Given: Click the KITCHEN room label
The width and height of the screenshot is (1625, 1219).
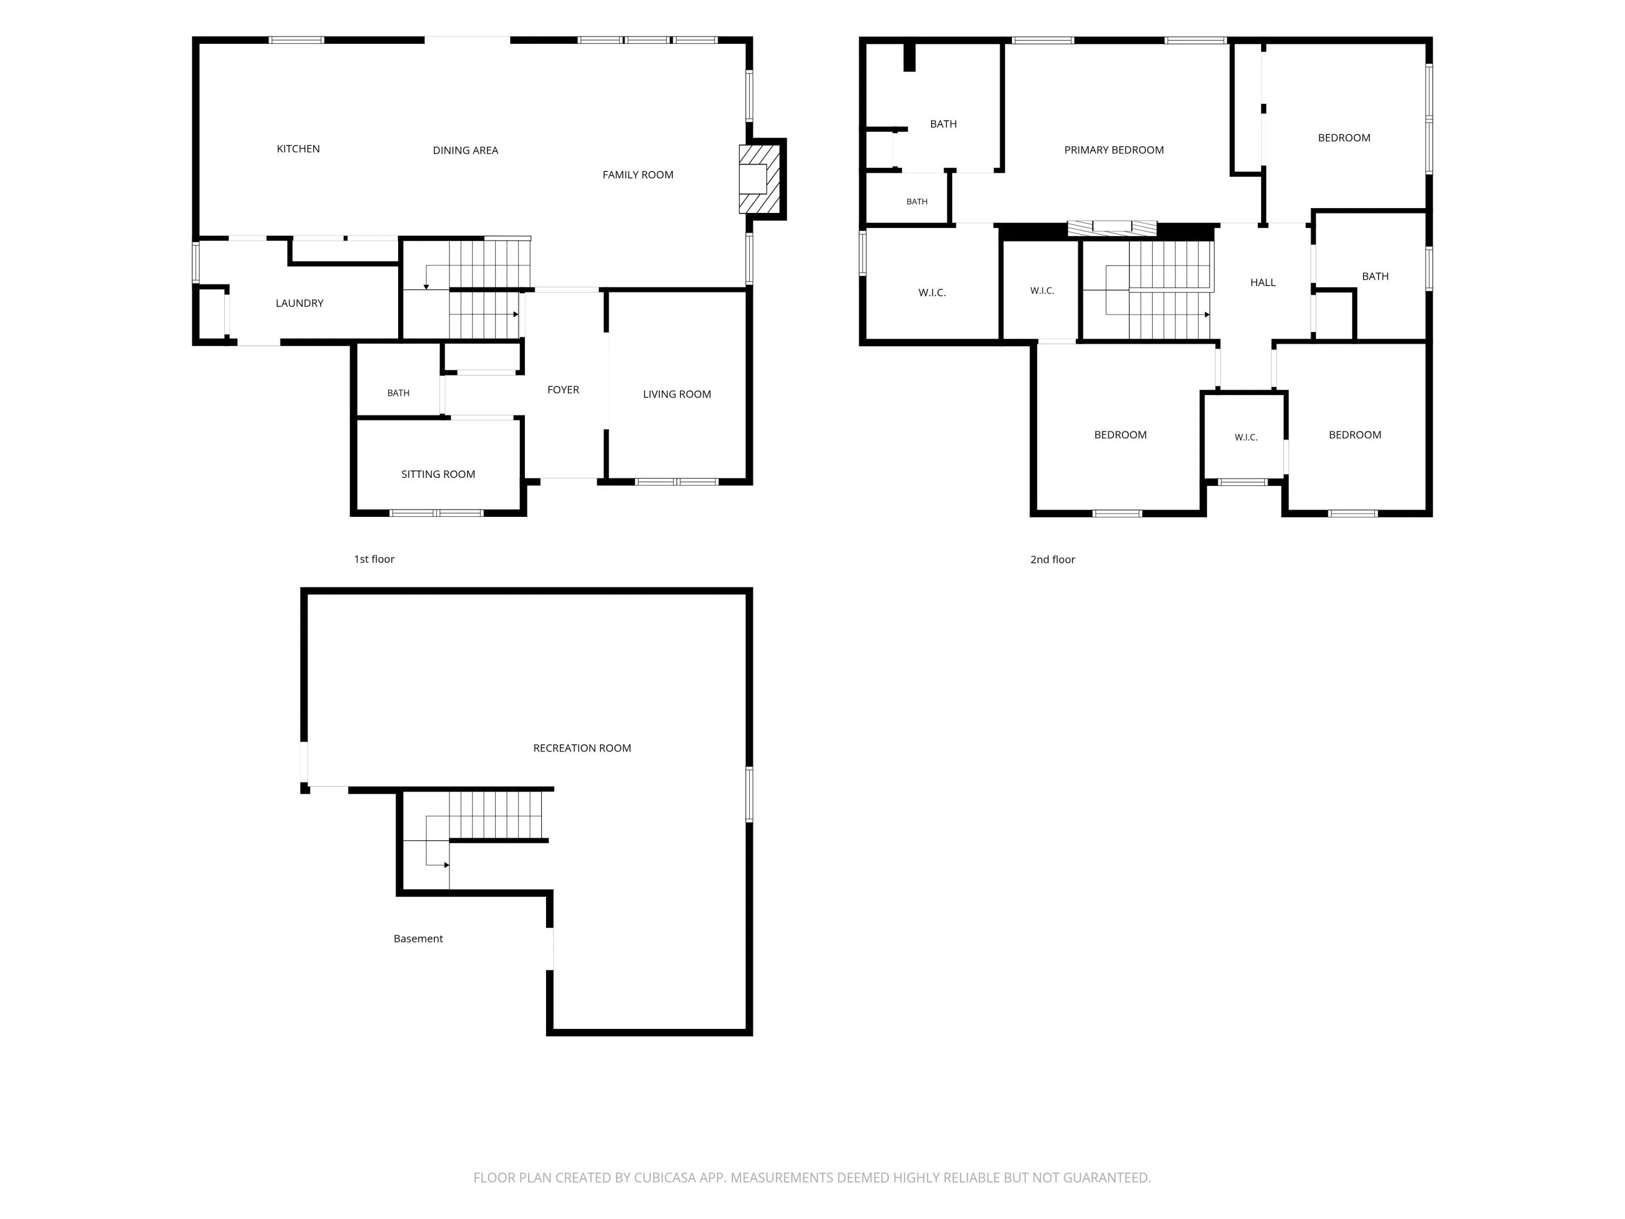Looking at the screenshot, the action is [298, 149].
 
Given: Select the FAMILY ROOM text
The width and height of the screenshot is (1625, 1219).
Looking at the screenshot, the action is [638, 175].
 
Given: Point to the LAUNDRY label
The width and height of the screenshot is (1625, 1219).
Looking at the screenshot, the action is [299, 303].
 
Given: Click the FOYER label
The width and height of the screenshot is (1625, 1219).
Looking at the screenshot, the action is [563, 390].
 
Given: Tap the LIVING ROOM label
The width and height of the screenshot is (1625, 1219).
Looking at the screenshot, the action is [677, 394].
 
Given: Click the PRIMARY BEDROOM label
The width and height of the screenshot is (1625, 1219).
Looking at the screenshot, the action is [1114, 151].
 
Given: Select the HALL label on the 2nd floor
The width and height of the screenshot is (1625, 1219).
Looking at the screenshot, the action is [1263, 283].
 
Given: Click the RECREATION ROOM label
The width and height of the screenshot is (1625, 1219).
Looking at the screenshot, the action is [582, 749].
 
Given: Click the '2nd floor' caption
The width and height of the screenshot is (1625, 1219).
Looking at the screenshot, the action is [1052, 560].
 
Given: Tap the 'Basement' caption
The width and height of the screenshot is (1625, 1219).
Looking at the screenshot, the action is [418, 939].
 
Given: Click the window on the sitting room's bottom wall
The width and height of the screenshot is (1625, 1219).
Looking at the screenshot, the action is [437, 513].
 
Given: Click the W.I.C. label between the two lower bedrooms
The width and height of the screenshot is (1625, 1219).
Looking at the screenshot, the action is [1246, 438].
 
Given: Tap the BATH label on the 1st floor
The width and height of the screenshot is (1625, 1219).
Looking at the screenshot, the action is [398, 394].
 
